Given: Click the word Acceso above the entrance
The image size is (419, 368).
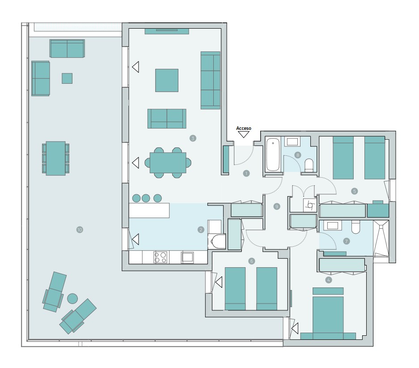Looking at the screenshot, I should [244, 128].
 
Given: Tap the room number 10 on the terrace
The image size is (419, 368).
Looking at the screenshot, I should [80, 230].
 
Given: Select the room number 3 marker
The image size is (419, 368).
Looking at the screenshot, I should [193, 138].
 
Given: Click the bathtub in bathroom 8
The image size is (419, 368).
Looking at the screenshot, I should [273, 155].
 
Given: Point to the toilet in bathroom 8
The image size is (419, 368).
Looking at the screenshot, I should [309, 165].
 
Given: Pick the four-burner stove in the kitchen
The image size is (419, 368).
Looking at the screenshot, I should [161, 257].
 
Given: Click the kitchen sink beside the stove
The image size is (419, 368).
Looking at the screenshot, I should [187, 257].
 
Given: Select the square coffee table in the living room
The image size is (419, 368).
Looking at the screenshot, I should [167, 80].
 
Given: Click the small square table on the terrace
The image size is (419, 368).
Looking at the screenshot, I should [67, 78].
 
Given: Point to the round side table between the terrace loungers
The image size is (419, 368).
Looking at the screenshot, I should [72, 298].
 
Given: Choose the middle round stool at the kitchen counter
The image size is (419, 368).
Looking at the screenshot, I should [146, 198].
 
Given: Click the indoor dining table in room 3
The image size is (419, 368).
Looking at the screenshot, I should [168, 163].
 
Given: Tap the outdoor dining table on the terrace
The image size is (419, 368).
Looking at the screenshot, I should [55, 158].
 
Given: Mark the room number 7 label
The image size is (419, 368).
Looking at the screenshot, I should [346, 241].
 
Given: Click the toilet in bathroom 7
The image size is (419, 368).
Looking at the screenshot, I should [356, 227].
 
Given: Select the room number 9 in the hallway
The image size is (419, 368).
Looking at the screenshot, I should [277, 206].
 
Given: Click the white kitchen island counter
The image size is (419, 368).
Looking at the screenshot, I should [149, 210].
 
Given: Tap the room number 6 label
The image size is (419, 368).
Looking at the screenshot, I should [252, 261].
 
